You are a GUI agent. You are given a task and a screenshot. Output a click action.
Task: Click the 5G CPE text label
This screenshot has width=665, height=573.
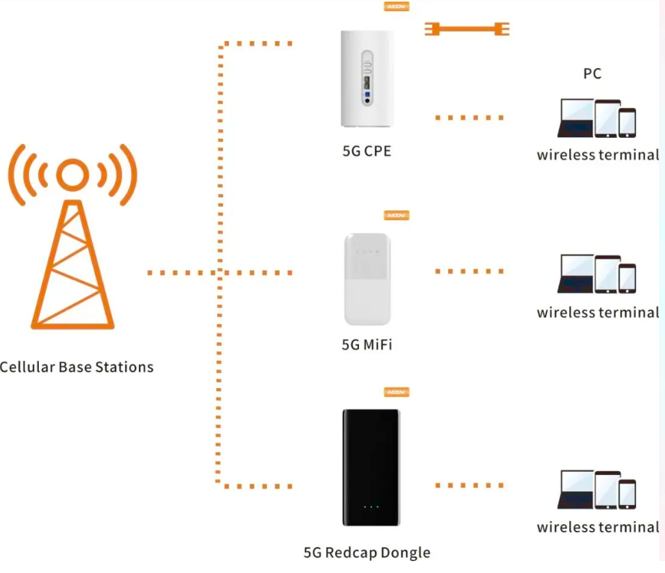[367, 151]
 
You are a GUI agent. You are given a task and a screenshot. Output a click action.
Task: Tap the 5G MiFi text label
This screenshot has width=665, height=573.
[367, 345]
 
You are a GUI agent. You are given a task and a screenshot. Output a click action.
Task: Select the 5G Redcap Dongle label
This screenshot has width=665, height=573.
[367, 553]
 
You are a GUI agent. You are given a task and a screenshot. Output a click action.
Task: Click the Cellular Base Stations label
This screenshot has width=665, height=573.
[76, 367]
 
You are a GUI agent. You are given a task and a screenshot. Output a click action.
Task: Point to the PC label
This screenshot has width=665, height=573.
[592, 73]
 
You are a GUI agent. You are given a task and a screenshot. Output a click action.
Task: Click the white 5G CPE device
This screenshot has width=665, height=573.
[366, 79]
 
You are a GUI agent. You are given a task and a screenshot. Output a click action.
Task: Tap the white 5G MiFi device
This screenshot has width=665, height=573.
[367, 279]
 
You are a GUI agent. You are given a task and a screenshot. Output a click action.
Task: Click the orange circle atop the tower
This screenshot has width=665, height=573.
[73, 175]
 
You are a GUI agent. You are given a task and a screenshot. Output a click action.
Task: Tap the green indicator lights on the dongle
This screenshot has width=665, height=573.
[370, 507]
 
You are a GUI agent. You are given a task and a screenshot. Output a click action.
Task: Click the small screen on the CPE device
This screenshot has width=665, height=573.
[367, 81]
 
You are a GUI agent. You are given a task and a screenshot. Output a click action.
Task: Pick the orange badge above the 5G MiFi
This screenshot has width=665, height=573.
[396, 216]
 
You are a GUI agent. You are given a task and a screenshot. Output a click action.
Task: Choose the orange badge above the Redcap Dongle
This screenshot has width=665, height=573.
[396, 392]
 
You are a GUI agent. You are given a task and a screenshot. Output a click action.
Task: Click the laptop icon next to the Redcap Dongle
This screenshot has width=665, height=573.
[576, 491]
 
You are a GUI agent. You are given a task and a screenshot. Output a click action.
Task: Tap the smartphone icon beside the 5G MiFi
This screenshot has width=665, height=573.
[627, 278]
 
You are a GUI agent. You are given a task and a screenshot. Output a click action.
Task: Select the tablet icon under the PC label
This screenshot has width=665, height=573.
[607, 119]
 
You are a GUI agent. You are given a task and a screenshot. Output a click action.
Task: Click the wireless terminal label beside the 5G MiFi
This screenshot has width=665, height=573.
[598, 312]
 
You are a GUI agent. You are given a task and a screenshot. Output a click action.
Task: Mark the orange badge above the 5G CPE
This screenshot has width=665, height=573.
[396, 6]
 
